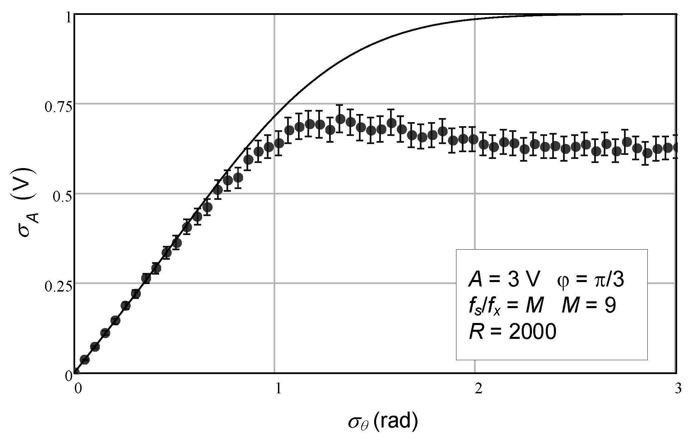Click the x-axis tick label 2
pyautogui.click(x=478, y=389)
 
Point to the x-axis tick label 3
pyautogui.click(x=678, y=389)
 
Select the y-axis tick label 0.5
pyautogui.click(x=62, y=197)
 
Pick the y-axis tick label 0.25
pyautogui.click(x=58, y=286)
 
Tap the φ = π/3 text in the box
pyautogui.click(x=590, y=280)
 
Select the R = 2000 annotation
pyautogui.click(x=512, y=332)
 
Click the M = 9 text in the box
pyautogui.click(x=588, y=306)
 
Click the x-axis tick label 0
pyautogui.click(x=78, y=389)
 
